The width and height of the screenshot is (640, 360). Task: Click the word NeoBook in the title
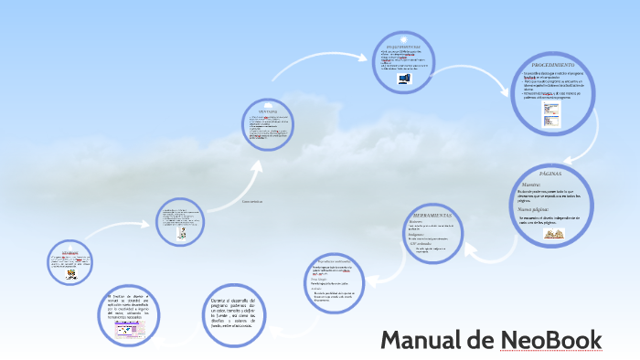[x=551, y=340]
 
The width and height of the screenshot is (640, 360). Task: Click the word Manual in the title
[x=421, y=340]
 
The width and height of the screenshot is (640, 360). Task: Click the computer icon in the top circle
[x=404, y=79]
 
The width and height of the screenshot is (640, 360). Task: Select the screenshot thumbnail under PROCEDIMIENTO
[x=551, y=114]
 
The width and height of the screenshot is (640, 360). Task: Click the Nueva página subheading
[x=535, y=209]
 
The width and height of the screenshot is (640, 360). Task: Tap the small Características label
[x=251, y=200]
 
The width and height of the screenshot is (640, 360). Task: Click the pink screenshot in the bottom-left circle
[x=132, y=328]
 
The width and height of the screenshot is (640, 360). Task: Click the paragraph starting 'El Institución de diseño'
[x=133, y=306]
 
